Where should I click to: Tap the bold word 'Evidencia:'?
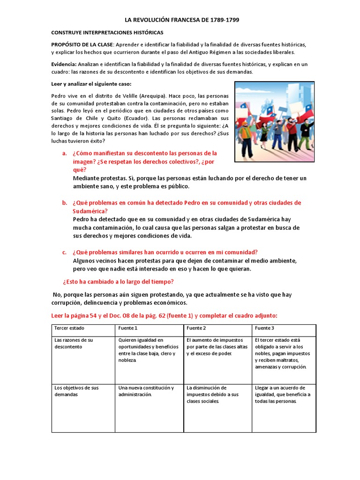coord(64,64)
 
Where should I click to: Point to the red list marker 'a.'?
coord(65,153)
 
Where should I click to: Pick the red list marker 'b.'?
coord(65,203)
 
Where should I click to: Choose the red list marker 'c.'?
coord(65,252)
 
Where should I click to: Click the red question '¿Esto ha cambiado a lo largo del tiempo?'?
coord(118,282)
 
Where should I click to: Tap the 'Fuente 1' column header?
coord(128,328)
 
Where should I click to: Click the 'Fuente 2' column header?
coord(196,328)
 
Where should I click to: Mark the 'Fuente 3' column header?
coord(264,328)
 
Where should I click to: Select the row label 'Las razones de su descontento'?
coord(74,343)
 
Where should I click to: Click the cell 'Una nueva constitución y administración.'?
coord(146,391)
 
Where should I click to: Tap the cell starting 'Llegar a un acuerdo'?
coord(283,394)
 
